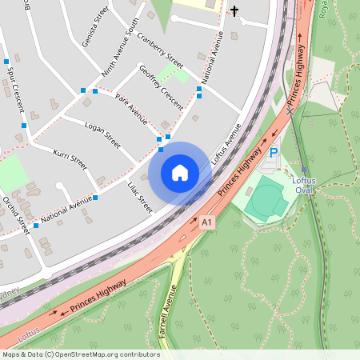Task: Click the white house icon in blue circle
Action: [180, 172]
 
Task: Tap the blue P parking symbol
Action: [273, 153]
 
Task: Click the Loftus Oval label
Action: [303, 186]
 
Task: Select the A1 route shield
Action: [208, 221]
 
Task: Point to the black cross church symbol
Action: [234, 10]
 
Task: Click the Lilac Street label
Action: [139, 197]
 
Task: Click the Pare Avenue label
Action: [131, 108]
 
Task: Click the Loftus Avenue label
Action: [226, 143]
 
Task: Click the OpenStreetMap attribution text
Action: [81, 354]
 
